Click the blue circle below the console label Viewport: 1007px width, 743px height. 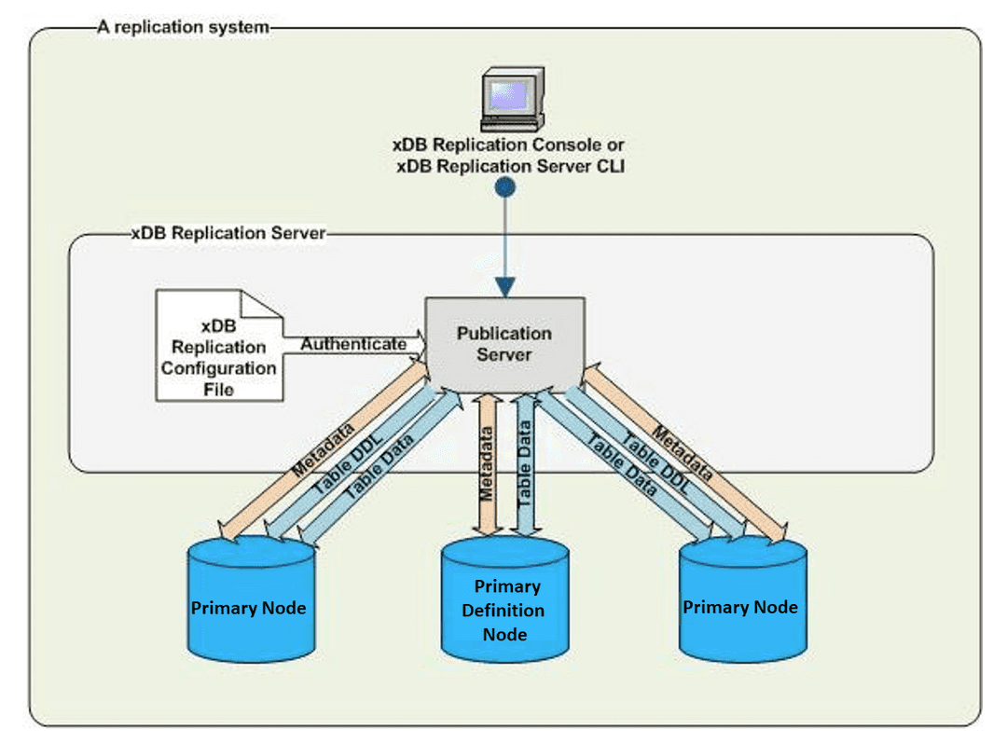504,187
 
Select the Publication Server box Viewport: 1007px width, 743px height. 504,343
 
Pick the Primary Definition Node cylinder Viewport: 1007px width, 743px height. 504,601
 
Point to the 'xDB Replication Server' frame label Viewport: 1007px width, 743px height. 228,233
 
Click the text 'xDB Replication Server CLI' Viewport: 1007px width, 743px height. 509,166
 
